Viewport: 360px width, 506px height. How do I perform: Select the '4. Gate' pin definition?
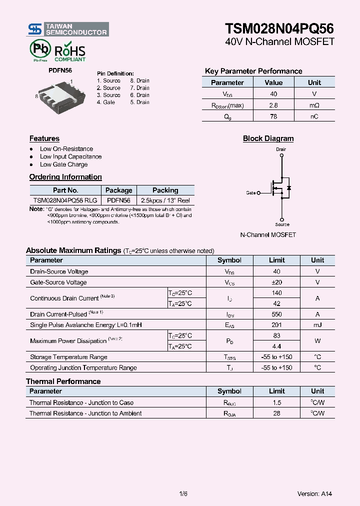[106, 102]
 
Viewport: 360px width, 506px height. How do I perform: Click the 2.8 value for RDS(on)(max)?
[273, 105]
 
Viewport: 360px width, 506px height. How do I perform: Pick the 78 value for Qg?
[273, 116]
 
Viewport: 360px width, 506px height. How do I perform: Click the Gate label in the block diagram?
[251, 192]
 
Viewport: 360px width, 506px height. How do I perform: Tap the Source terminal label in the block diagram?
[282, 224]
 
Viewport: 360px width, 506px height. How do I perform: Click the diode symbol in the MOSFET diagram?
[288, 188]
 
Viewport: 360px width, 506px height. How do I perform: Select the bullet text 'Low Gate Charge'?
[63, 164]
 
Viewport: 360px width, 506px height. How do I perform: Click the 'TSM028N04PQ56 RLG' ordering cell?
[65, 200]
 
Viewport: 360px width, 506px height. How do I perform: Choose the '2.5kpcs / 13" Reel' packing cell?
[165, 200]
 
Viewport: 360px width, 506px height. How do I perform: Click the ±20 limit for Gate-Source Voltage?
[276, 282]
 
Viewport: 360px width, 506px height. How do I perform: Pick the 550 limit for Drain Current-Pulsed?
[276, 314]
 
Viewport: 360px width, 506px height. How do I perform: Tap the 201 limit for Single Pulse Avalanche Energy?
[276, 325]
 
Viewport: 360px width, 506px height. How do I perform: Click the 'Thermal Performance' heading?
[63, 381]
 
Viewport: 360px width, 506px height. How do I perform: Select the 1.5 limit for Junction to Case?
[276, 402]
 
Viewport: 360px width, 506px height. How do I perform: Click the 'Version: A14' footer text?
[314, 494]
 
